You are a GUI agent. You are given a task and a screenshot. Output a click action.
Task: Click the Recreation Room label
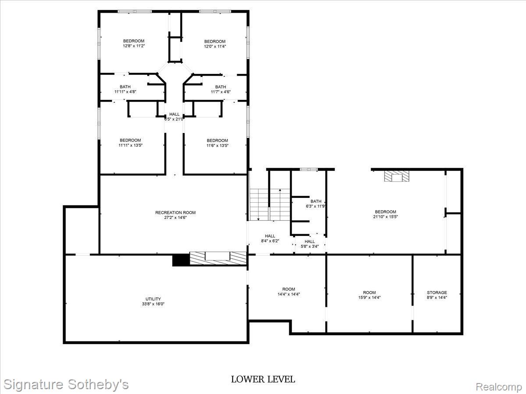tap(175, 213)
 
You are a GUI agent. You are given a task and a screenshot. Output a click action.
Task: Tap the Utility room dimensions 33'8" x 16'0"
tap(153, 304)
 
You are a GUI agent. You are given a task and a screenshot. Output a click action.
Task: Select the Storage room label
tap(437, 292)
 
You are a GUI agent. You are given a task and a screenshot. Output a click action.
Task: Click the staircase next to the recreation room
tap(269, 204)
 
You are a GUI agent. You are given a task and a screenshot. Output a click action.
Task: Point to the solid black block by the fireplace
tap(181, 260)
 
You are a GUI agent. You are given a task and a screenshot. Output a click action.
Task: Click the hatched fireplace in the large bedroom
tap(397, 176)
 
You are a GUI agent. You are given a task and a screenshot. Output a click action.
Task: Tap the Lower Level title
tap(263, 379)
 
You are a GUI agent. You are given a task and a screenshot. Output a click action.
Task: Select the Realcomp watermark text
tap(499, 387)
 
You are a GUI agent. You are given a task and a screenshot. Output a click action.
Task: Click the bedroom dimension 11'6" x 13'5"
tap(217, 145)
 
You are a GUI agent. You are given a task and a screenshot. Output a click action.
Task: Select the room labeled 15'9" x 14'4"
tap(369, 295)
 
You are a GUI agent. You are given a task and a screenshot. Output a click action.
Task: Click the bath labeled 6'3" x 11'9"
tap(316, 204)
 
